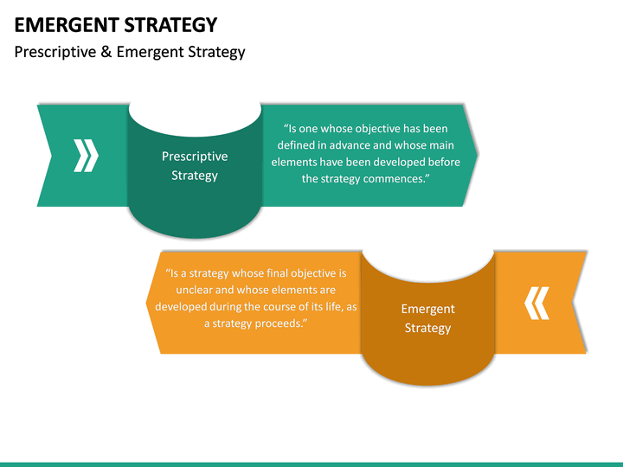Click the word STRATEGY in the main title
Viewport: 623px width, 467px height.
[x=173, y=24]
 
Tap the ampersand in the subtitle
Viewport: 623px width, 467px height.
[x=106, y=52]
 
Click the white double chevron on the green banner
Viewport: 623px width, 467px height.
[x=86, y=156]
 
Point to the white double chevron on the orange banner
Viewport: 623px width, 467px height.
[x=537, y=303]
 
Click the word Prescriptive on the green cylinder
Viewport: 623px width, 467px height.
[x=195, y=157]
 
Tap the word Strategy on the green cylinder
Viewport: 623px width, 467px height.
[x=195, y=176]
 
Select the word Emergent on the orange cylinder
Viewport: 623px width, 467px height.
[x=427, y=309]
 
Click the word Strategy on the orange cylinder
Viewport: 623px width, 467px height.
[x=427, y=328]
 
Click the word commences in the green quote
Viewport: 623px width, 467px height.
[x=395, y=178]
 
